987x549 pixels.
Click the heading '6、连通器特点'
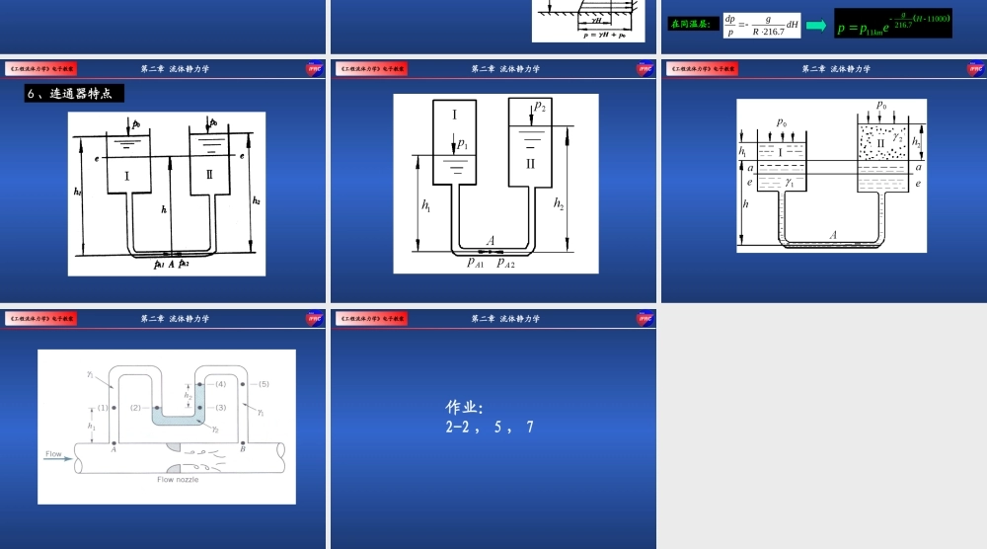click(x=74, y=94)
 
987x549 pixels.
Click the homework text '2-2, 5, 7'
click(x=490, y=428)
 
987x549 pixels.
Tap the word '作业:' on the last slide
click(x=465, y=407)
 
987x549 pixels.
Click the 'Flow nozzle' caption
click(x=178, y=479)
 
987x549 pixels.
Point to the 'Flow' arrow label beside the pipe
click(x=53, y=454)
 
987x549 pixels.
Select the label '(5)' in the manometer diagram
click(x=264, y=383)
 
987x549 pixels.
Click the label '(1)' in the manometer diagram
click(x=103, y=407)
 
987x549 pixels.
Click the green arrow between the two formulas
click(x=816, y=25)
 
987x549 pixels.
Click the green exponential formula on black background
click(x=893, y=24)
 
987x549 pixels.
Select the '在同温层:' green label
click(x=693, y=24)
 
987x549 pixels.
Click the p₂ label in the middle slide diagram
click(x=540, y=107)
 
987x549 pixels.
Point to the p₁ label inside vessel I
click(x=462, y=144)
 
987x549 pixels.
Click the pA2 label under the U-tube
click(x=505, y=263)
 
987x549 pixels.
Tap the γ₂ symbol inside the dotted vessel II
click(x=898, y=137)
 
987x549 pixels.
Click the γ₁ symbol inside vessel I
click(x=789, y=183)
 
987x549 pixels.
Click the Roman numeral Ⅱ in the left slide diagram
click(x=209, y=175)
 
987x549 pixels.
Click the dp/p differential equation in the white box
click(x=760, y=25)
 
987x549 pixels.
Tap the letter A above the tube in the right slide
click(x=833, y=235)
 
